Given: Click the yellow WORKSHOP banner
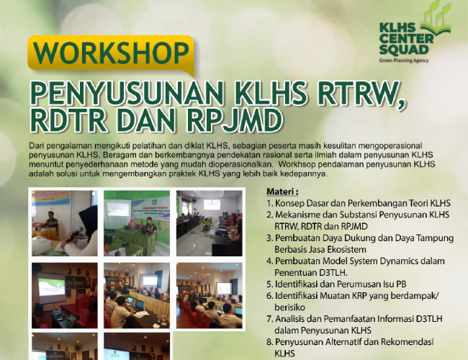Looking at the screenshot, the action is (x=111, y=54).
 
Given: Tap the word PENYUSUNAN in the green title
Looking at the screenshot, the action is (x=127, y=93).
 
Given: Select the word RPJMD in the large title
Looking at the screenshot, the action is (x=234, y=121).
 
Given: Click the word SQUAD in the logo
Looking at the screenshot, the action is (x=404, y=50).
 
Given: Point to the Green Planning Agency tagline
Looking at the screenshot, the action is (x=404, y=60).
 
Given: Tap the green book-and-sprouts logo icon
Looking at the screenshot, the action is (x=436, y=18).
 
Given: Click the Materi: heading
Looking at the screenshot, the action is (x=282, y=192).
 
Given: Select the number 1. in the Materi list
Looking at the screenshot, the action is (x=270, y=204).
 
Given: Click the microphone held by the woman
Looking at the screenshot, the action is (x=75, y=234).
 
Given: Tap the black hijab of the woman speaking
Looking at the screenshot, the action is (x=89, y=221).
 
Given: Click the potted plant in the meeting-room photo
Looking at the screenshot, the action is (x=206, y=223).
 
